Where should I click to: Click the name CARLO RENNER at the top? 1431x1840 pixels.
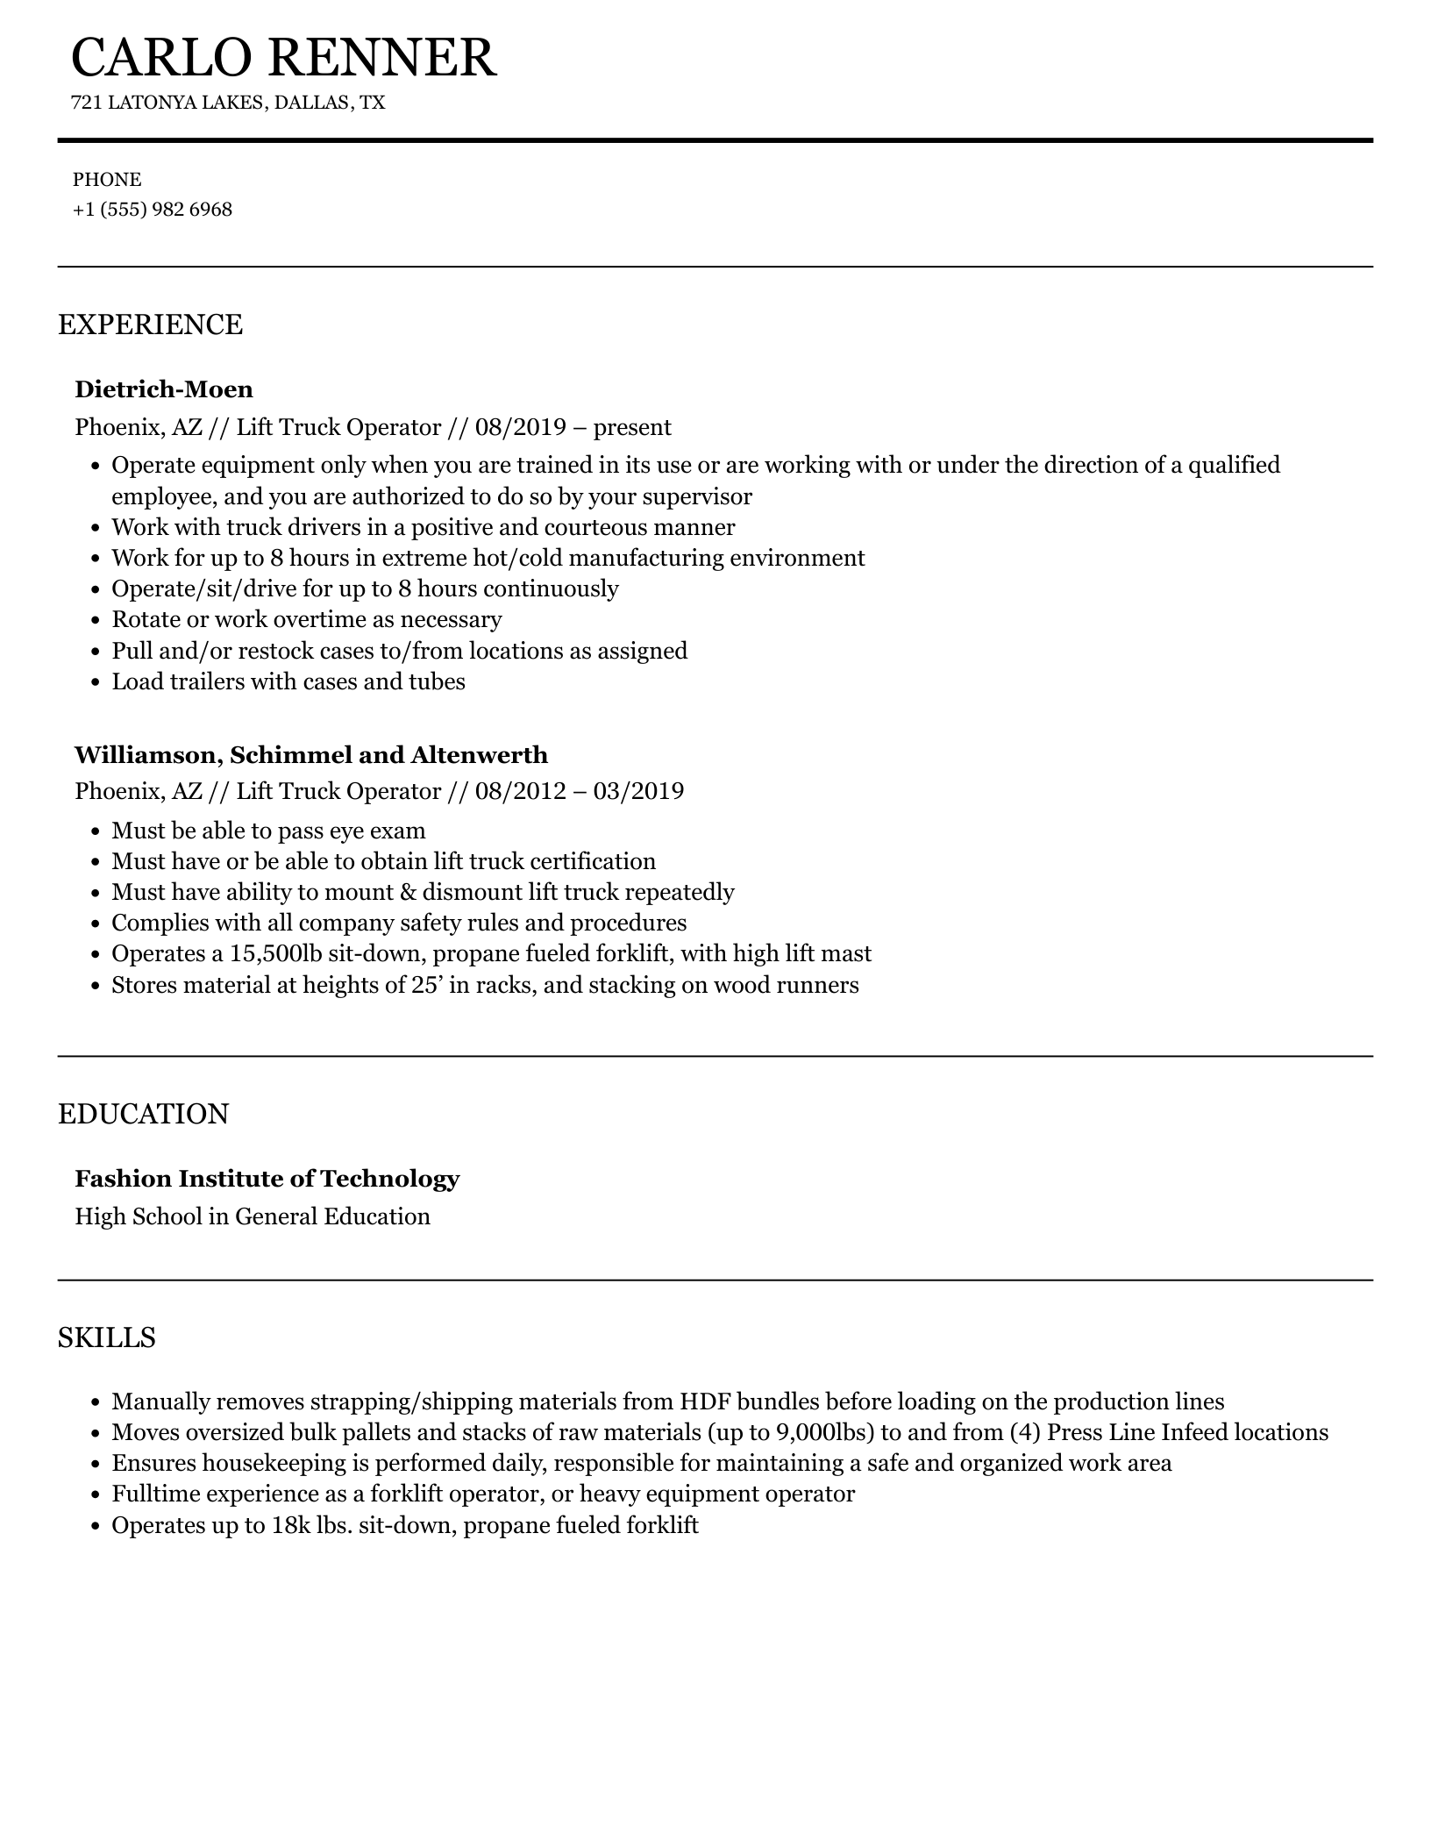tap(283, 58)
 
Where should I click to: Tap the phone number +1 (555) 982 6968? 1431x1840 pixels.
tap(153, 210)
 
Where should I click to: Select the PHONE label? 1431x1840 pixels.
tap(107, 180)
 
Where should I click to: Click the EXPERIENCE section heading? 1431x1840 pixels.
tap(150, 324)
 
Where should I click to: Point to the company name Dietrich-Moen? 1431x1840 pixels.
tap(164, 389)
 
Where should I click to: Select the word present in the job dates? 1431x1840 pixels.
tap(632, 428)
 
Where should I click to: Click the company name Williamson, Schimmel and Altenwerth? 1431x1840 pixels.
tap(311, 755)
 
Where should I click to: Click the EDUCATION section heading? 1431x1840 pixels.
tap(143, 1114)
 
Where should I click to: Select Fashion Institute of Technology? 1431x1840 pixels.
tap(267, 1179)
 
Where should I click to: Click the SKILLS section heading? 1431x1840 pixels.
tap(106, 1337)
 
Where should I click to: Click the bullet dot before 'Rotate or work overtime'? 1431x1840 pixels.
tap(96, 621)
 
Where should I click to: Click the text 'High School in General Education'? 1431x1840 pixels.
tap(253, 1217)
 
